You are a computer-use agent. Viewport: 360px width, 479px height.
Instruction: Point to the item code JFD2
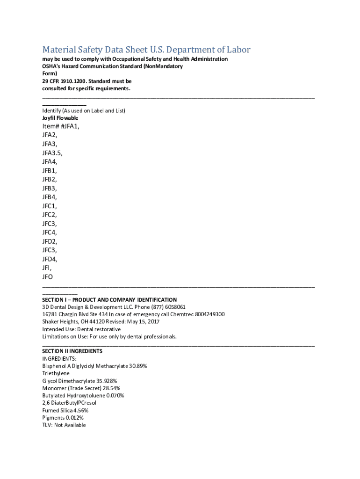[50, 241]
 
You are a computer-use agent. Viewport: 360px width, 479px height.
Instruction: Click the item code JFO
[48, 277]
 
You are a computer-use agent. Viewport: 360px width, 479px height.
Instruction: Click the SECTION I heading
[109, 299]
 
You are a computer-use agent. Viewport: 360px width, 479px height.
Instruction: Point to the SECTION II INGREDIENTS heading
[72, 351]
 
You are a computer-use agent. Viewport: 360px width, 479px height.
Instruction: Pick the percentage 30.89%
[138, 366]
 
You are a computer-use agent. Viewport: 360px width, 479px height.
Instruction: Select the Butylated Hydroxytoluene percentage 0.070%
[115, 395]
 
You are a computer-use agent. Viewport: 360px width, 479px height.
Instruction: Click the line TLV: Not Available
[64, 425]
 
